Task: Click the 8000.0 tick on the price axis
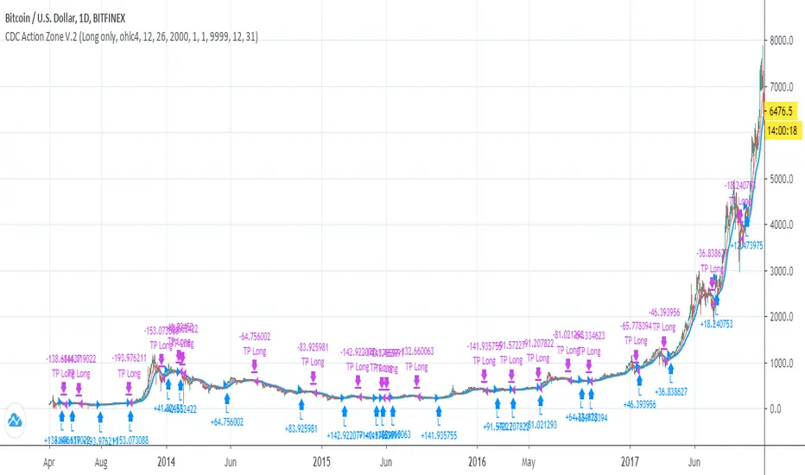tap(784, 40)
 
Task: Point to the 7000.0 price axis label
tap(784, 86)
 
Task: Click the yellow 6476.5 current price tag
tap(784, 111)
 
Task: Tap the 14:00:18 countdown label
tap(784, 130)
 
